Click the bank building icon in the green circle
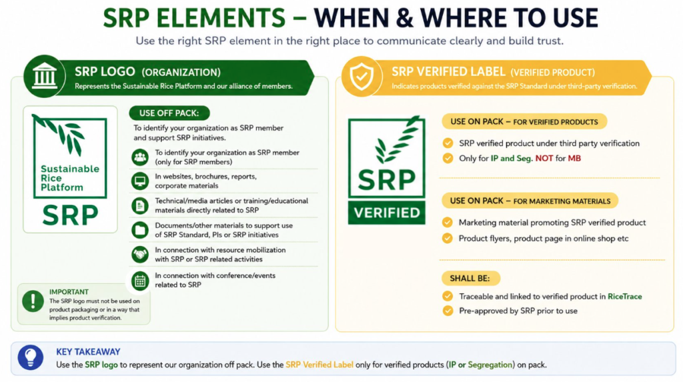click(45, 76)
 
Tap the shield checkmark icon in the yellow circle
click(362, 76)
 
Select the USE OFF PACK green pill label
click(169, 113)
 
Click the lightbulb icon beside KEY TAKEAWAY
click(31, 357)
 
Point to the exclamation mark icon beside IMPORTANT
click(33, 301)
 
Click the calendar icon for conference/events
click(140, 281)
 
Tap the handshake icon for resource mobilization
click(140, 255)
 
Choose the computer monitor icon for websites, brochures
click(140, 181)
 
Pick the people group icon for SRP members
click(140, 157)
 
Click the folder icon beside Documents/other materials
click(140, 230)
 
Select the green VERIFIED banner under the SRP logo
click(387, 213)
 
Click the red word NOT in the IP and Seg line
click(544, 159)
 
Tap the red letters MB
click(574, 159)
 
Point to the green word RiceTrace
click(624, 297)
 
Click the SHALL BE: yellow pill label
click(470, 278)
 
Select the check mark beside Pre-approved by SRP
click(448, 311)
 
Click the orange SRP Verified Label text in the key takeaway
click(319, 365)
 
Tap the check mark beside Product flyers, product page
click(448, 238)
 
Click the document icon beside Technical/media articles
click(140, 205)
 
